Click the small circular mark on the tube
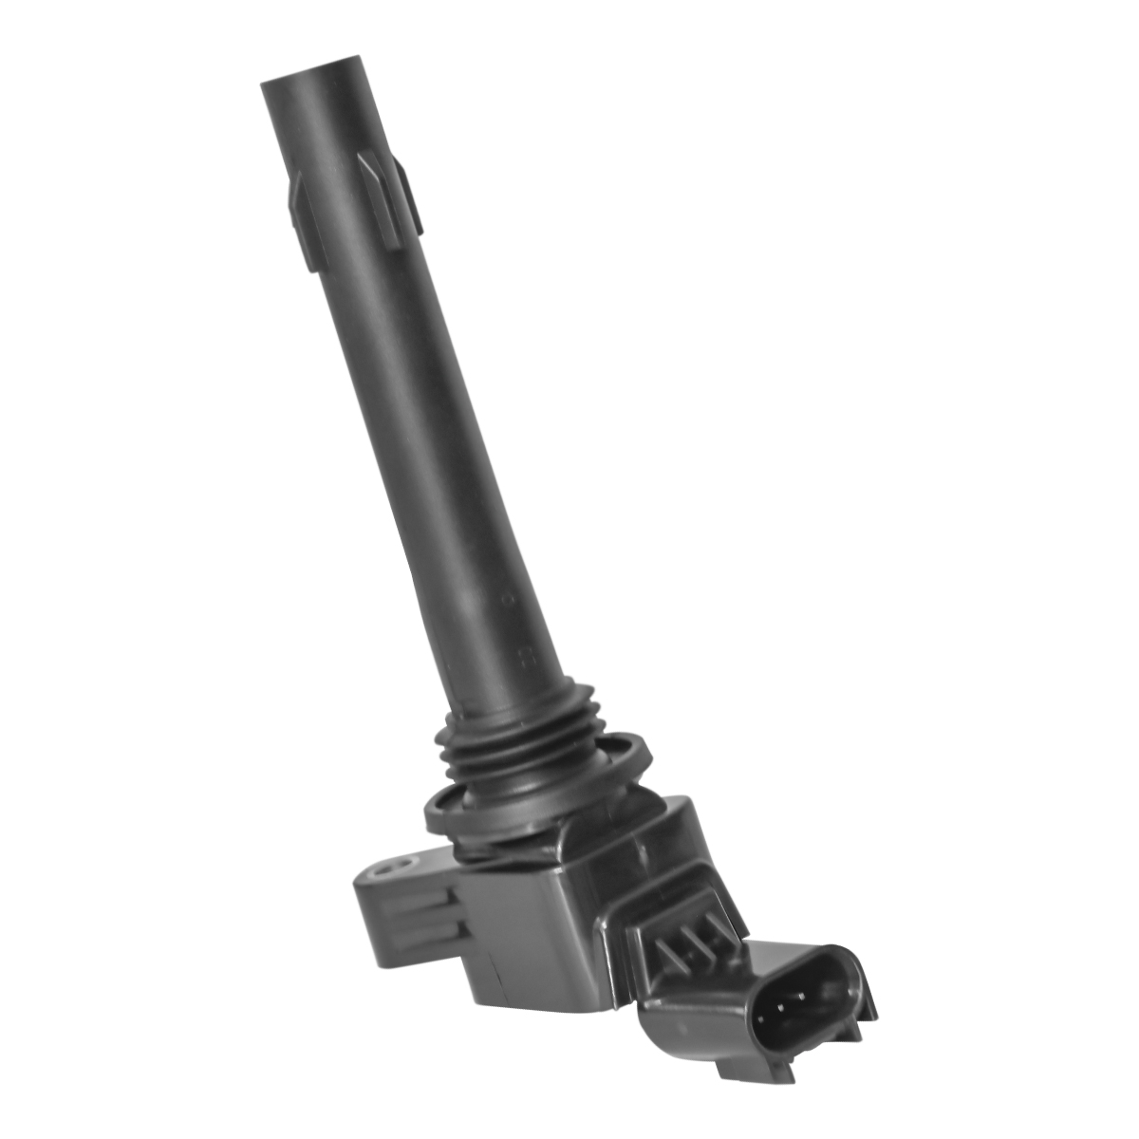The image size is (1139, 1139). click(x=507, y=600)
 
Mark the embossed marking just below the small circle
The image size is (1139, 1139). click(x=520, y=655)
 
